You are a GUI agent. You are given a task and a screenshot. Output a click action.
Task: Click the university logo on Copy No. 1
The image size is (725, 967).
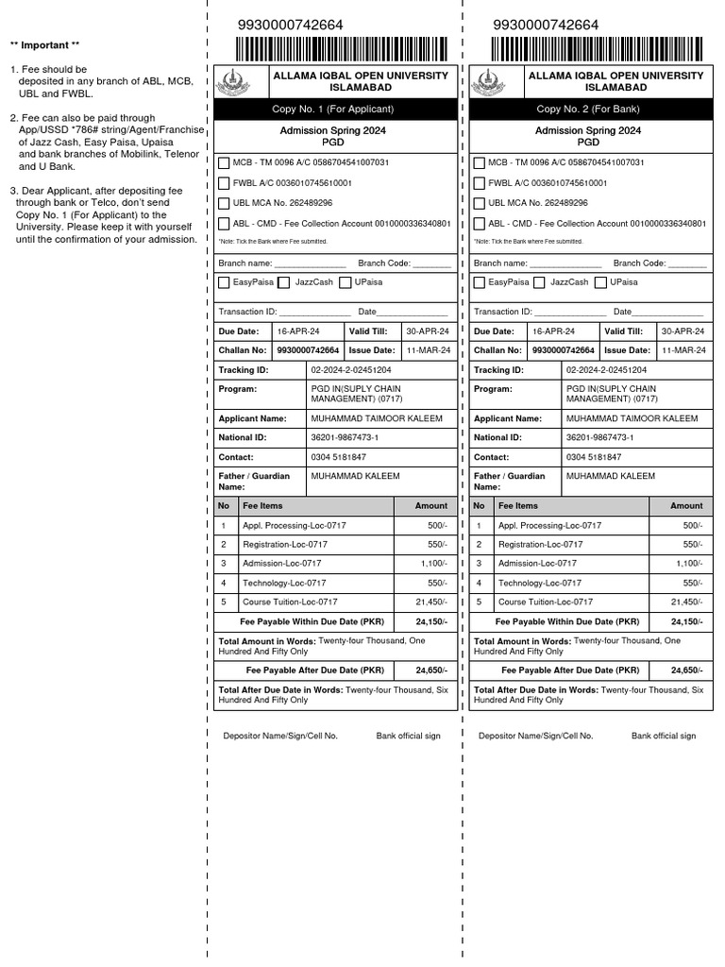tap(233, 82)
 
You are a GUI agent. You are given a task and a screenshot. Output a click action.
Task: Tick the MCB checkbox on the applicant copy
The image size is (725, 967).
tap(224, 162)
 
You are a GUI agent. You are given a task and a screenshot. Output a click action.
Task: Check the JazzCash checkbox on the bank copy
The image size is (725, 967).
tap(538, 282)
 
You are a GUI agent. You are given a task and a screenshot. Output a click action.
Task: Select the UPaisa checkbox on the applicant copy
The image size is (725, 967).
tap(346, 282)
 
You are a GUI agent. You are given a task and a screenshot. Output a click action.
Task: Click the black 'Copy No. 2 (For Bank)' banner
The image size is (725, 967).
tap(587, 110)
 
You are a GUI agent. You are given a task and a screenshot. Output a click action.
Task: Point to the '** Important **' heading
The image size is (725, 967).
tap(44, 45)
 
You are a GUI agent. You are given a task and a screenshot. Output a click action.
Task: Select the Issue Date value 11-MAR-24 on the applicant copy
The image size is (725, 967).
tap(428, 349)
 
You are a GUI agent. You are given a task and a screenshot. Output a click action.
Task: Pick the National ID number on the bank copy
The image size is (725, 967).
tap(599, 438)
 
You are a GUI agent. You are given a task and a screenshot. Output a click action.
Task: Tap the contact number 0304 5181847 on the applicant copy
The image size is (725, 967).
tap(339, 457)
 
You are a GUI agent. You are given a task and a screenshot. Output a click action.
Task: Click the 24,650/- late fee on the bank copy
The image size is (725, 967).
tap(686, 670)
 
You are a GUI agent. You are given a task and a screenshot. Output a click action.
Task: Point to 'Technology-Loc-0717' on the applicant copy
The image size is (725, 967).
tap(284, 584)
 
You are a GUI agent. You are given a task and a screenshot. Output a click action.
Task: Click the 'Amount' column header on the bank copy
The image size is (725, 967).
tap(686, 506)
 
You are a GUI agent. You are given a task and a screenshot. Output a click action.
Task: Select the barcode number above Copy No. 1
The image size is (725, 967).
tap(292, 25)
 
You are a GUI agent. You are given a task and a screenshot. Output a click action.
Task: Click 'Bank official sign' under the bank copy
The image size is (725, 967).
tap(664, 736)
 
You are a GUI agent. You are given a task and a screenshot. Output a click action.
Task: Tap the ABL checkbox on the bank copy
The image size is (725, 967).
tap(480, 224)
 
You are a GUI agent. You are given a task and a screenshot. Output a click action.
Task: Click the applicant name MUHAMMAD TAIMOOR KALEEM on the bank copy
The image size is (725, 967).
tap(632, 418)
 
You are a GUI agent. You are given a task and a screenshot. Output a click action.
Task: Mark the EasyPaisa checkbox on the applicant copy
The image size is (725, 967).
tap(224, 282)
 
